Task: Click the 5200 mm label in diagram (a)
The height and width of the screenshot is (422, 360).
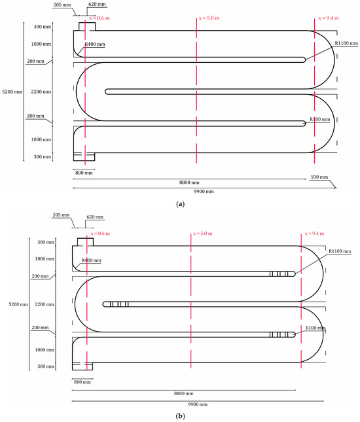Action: [x=12, y=92]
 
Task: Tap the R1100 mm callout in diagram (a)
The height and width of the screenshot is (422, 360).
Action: [x=346, y=43]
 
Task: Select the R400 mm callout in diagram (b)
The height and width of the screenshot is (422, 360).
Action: [x=91, y=260]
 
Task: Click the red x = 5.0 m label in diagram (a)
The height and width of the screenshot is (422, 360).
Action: [x=209, y=18]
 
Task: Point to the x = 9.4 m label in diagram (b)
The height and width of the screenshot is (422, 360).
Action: [x=314, y=234]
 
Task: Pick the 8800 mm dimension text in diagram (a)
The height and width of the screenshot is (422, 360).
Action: [x=189, y=182]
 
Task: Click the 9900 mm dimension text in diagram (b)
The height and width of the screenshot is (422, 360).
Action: [x=198, y=404]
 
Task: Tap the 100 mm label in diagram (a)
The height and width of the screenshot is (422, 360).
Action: [x=319, y=177]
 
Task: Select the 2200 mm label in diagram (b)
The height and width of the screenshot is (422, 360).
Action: [x=45, y=304]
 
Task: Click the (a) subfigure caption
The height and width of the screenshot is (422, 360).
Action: [x=180, y=204]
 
